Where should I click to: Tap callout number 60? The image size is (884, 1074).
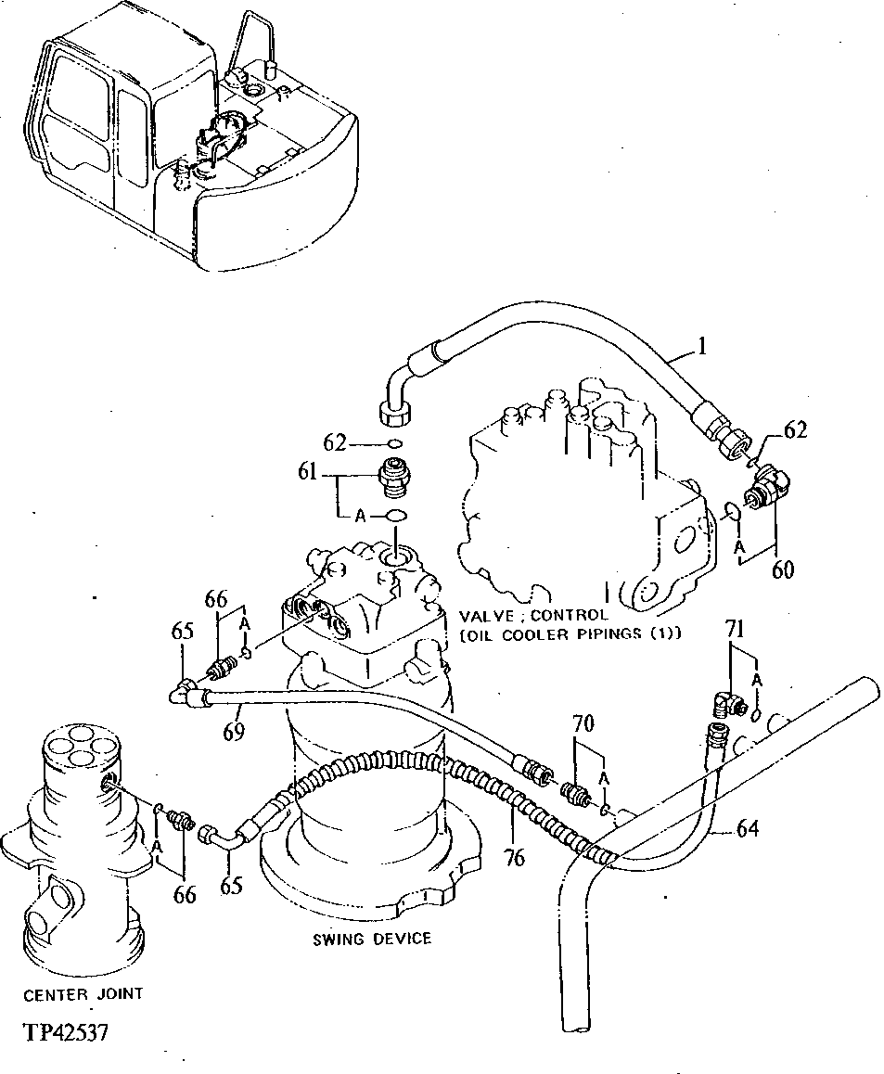click(784, 569)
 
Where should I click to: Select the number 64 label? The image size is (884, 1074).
click(747, 828)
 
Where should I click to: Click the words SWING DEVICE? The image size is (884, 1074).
click(372, 939)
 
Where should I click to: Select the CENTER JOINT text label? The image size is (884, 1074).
click(83, 993)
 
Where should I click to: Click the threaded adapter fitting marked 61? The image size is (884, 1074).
click(395, 477)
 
